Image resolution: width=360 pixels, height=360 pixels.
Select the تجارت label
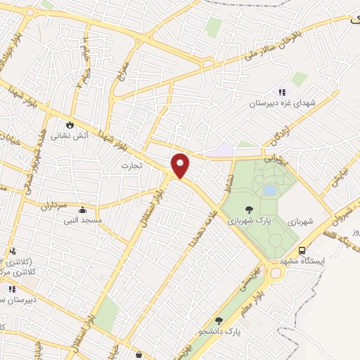click(x=131, y=166)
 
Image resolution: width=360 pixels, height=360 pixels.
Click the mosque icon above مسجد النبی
click(x=83, y=209)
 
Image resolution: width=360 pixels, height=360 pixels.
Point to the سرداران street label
click(x=51, y=207)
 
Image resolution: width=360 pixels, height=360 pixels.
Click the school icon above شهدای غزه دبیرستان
click(x=282, y=92)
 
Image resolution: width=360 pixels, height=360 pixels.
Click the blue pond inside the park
click(x=270, y=190)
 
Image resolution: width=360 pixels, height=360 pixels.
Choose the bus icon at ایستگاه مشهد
click(x=302, y=250)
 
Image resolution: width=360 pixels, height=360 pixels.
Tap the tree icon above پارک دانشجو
click(x=219, y=320)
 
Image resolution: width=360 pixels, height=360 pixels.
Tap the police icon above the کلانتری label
click(x=13, y=251)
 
